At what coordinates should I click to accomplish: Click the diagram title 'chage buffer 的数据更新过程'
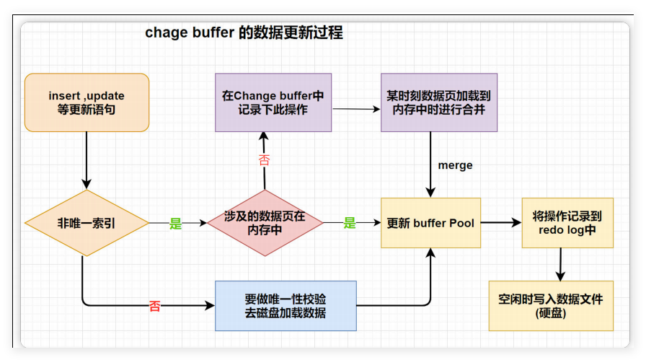click(x=244, y=32)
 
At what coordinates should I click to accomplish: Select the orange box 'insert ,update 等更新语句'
click(x=87, y=102)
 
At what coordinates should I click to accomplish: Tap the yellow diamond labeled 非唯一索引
click(x=86, y=223)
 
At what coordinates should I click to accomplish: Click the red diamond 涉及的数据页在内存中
click(x=265, y=224)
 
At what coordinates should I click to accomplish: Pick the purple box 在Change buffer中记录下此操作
click(x=273, y=102)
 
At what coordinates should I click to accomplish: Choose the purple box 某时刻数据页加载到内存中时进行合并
click(x=438, y=102)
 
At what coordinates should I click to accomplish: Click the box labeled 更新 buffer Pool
click(x=430, y=224)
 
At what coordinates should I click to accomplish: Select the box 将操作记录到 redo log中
click(x=567, y=223)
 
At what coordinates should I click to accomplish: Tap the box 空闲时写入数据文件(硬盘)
click(x=551, y=306)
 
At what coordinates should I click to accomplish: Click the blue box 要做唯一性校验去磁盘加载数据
click(x=286, y=306)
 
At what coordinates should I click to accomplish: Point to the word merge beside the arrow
click(x=455, y=165)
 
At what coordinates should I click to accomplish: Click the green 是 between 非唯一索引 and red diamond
click(x=176, y=224)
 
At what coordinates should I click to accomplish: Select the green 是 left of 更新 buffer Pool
click(x=350, y=224)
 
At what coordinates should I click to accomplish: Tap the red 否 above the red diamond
click(x=264, y=160)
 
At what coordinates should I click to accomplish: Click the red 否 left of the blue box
click(x=155, y=306)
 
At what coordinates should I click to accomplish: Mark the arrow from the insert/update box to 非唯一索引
click(x=87, y=160)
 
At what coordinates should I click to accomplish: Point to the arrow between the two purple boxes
click(x=356, y=109)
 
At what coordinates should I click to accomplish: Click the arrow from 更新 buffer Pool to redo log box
click(x=501, y=224)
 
